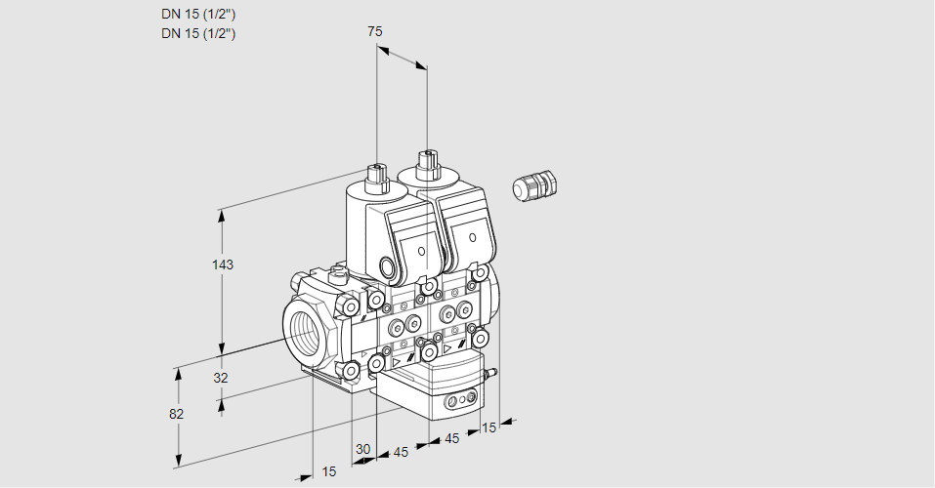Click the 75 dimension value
(374, 31)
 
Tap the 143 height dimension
(224, 264)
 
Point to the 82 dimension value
(176, 414)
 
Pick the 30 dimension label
(363, 449)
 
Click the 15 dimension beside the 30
(329, 471)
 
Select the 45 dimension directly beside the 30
(401, 452)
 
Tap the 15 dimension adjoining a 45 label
(489, 427)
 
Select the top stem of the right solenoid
(426, 161)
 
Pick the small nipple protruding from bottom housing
(492, 373)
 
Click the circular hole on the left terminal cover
(422, 251)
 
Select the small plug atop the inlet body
(338, 274)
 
